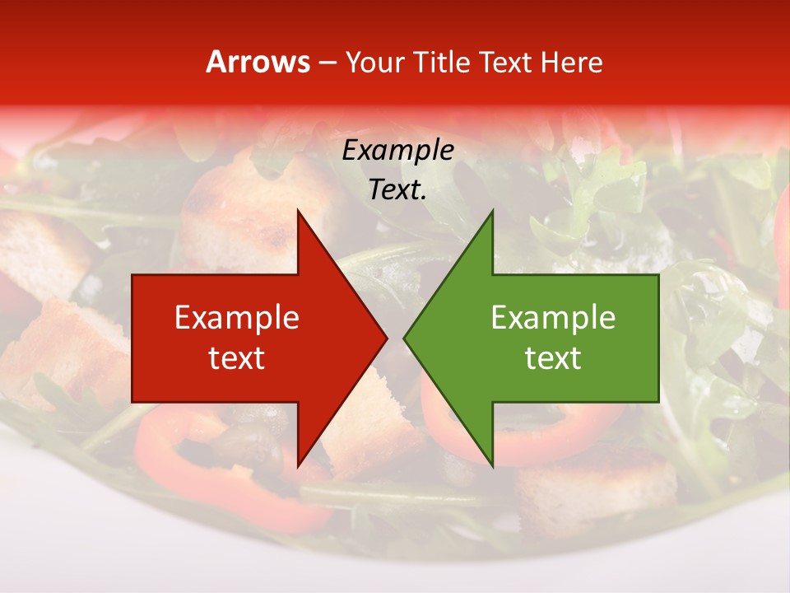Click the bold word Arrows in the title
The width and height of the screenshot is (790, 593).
click(258, 62)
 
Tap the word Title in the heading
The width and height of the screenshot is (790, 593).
click(442, 62)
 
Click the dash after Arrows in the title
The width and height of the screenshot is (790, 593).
click(327, 63)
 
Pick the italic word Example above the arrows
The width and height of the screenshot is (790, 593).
click(397, 151)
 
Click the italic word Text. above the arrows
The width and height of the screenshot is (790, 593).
click(397, 190)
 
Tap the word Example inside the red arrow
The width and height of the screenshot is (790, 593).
click(237, 318)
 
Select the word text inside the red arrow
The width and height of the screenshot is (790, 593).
click(237, 358)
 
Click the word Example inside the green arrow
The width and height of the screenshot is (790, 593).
click(553, 318)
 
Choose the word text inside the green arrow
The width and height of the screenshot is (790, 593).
click(553, 358)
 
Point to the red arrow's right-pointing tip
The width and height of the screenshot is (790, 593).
click(385, 338)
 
